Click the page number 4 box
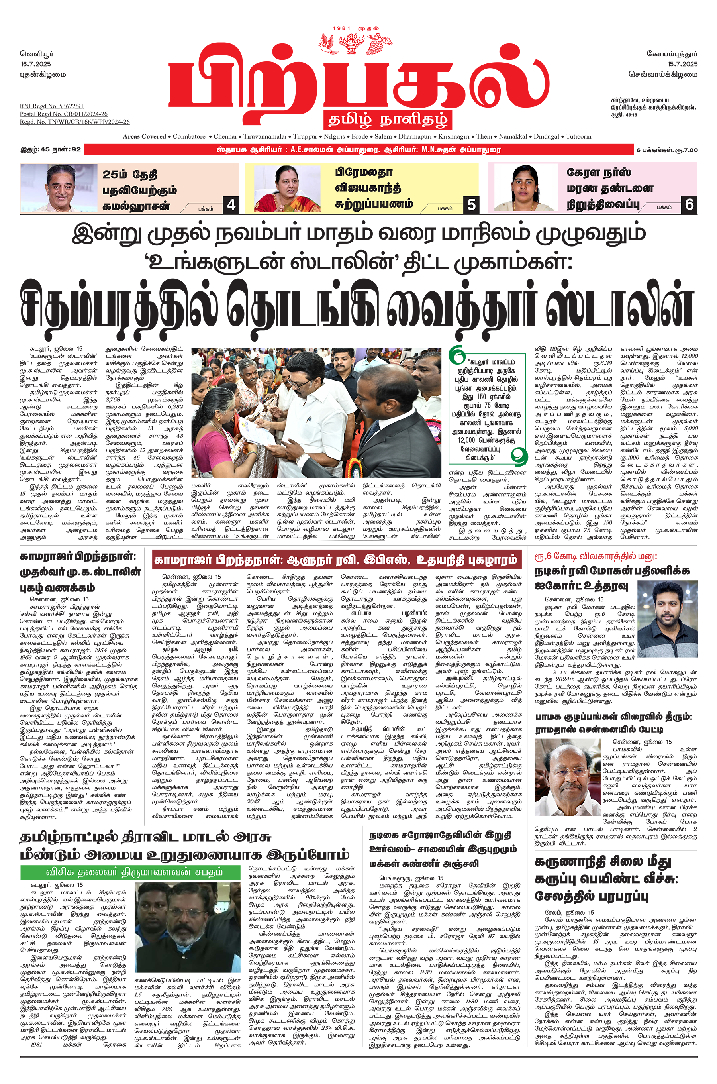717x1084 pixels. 231,205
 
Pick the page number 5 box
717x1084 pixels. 471,205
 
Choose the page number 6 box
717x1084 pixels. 689,204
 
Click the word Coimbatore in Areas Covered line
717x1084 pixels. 189,136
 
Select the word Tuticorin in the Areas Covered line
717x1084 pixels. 578,136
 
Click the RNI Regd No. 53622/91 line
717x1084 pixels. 52,106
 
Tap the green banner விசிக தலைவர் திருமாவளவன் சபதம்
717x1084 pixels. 130,872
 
